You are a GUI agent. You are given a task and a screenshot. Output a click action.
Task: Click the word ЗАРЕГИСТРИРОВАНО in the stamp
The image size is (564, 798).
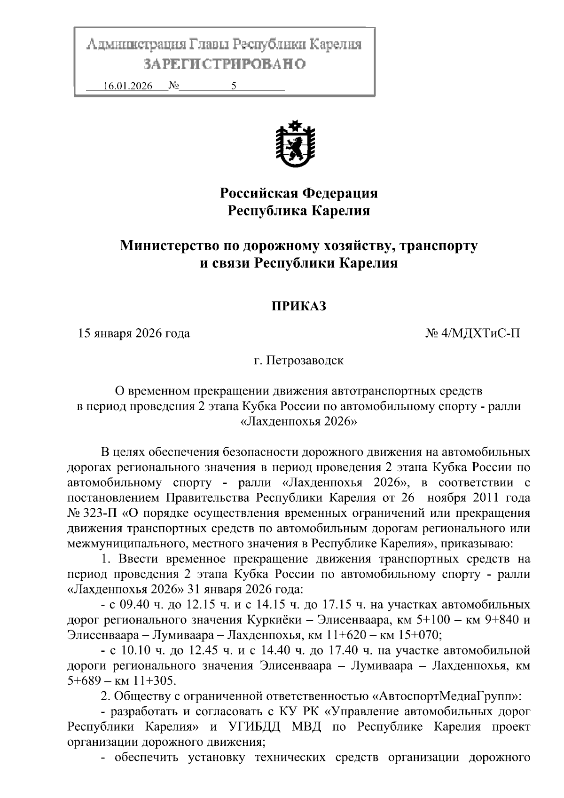click(224, 63)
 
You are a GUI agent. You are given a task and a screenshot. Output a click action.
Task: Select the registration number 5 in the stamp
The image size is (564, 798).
click(234, 86)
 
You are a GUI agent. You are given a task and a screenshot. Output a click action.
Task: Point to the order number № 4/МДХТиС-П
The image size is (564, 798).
click(473, 334)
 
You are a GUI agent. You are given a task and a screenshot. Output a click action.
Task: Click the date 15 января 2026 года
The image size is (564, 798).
click(134, 334)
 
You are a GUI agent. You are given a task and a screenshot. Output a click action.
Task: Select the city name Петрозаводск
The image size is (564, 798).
click(305, 361)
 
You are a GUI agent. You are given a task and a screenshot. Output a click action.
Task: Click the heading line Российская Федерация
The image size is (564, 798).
click(299, 193)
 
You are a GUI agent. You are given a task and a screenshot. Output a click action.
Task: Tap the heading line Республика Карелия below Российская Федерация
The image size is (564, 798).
click(299, 211)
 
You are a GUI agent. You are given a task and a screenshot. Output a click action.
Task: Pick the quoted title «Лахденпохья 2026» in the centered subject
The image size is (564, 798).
click(299, 421)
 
